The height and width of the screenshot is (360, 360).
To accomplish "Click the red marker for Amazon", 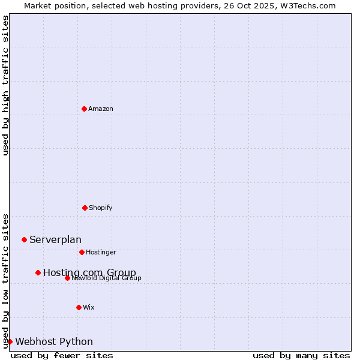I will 84,109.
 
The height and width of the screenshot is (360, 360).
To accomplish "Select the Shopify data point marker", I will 85,208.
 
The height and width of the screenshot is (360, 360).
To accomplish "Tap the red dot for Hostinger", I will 82,252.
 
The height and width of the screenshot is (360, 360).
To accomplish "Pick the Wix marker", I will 79,307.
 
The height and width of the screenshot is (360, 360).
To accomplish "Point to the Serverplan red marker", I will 24,239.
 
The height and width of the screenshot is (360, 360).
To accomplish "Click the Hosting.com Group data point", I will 38,272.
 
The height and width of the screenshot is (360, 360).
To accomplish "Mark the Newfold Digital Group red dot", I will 67,278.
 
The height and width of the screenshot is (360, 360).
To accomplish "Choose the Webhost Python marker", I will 10,341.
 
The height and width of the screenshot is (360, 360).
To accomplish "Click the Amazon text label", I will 101,109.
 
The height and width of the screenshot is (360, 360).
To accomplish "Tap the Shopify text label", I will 101,208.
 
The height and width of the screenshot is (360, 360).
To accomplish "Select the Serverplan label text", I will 55,240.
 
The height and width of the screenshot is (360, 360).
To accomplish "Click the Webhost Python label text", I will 54,342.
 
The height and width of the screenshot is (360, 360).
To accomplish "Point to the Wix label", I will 89,307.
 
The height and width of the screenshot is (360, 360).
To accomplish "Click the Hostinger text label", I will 101,252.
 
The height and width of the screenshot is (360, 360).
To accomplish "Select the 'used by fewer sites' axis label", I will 62,355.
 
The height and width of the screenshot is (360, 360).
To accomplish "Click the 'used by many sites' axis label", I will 301,355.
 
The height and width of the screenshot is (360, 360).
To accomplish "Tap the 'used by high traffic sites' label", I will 6,85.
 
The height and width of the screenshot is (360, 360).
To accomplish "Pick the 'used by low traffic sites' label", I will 6,281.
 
